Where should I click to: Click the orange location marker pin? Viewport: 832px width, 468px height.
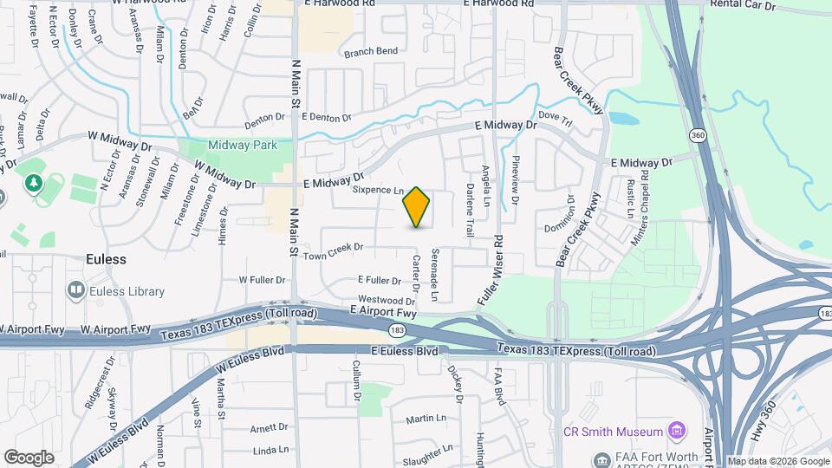(417, 207)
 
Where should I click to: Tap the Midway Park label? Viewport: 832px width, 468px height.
(243, 145)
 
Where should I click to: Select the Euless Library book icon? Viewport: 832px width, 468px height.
(75, 291)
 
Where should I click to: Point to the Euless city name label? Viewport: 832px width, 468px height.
(106, 259)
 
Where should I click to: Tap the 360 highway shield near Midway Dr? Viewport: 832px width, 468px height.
(696, 135)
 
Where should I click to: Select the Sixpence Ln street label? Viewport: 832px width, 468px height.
(378, 191)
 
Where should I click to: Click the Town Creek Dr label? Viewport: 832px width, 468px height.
(332, 247)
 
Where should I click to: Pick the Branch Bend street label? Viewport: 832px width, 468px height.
(371, 52)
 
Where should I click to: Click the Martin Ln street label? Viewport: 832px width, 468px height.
(426, 419)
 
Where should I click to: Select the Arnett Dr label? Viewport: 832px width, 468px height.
(269, 427)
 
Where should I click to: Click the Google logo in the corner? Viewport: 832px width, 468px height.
(29, 458)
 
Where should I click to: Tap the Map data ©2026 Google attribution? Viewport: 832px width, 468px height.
(778, 462)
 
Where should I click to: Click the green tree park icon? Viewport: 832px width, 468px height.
(33, 183)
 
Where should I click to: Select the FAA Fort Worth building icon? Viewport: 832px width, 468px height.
(600, 458)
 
